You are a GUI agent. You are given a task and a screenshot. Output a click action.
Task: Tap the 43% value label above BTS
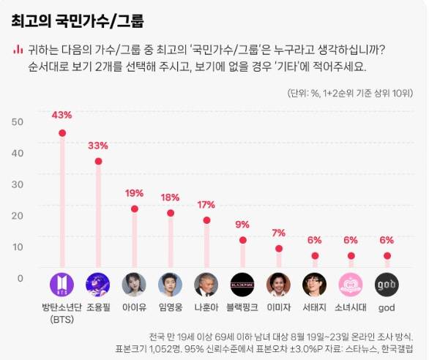pos(62,115)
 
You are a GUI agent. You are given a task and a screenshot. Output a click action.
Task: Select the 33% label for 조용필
pos(98,145)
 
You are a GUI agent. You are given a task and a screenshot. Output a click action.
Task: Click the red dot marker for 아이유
pos(134,209)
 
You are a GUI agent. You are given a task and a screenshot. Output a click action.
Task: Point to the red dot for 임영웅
pos(171,213)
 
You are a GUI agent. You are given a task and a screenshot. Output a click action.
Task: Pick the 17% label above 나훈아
pos(206,204)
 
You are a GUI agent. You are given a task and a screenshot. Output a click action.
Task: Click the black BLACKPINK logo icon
pos(242,284)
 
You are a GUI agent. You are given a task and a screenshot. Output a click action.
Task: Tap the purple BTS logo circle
pos(62,284)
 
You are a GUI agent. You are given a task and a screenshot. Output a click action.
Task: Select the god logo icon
pos(387,284)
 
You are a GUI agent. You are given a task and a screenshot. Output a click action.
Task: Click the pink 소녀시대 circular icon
pos(351,284)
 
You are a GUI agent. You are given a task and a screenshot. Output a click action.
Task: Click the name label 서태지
pos(315,307)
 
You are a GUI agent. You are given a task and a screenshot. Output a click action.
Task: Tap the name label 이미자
pos(278,307)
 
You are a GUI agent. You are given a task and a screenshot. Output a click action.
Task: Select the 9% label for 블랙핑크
pos(242,225)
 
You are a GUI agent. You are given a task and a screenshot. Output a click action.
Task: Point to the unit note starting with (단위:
pos(350,94)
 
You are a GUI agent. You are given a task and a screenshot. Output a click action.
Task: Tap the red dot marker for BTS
pos(62,133)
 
